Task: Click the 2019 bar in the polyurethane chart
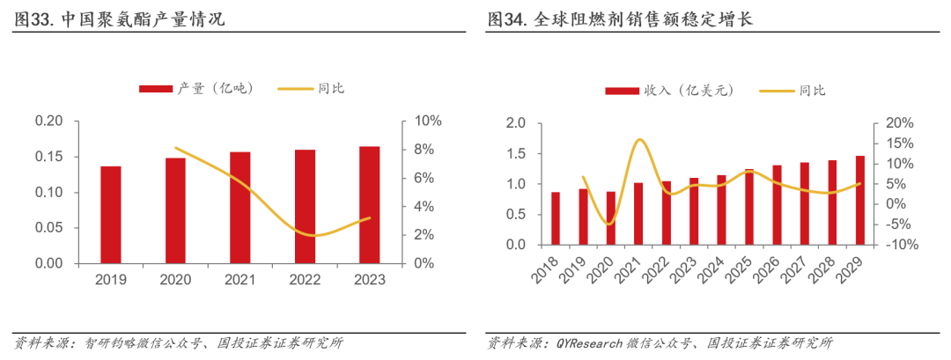[111, 215]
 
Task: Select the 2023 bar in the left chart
[370, 205]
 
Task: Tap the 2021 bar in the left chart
[240, 208]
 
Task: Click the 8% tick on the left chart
[424, 150]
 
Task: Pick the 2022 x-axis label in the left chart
[305, 280]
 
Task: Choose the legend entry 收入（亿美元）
[668, 90]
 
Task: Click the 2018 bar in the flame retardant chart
[556, 218]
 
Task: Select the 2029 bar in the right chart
[859, 201]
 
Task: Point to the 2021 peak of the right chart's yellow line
[639, 140]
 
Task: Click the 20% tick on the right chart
[888, 123]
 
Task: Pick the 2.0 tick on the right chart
[517, 123]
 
